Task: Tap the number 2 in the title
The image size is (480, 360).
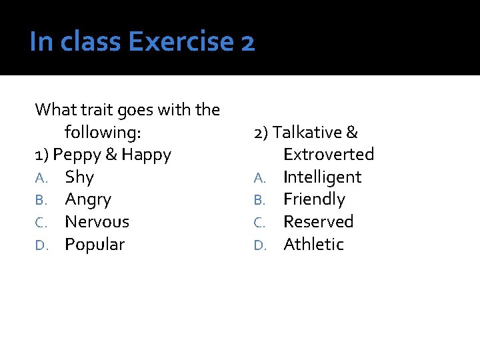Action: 247,42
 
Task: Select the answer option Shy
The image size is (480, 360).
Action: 79,177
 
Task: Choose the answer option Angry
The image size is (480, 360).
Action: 88,199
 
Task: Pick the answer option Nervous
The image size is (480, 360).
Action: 97,221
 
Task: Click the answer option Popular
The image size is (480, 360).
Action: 95,245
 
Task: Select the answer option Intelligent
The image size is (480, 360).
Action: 322,177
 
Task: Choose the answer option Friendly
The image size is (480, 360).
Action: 314,199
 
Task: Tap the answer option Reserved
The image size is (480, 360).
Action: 318,221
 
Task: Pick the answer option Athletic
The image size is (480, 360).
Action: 313,245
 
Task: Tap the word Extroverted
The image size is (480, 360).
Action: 329,155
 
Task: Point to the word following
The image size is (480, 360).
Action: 103,133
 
